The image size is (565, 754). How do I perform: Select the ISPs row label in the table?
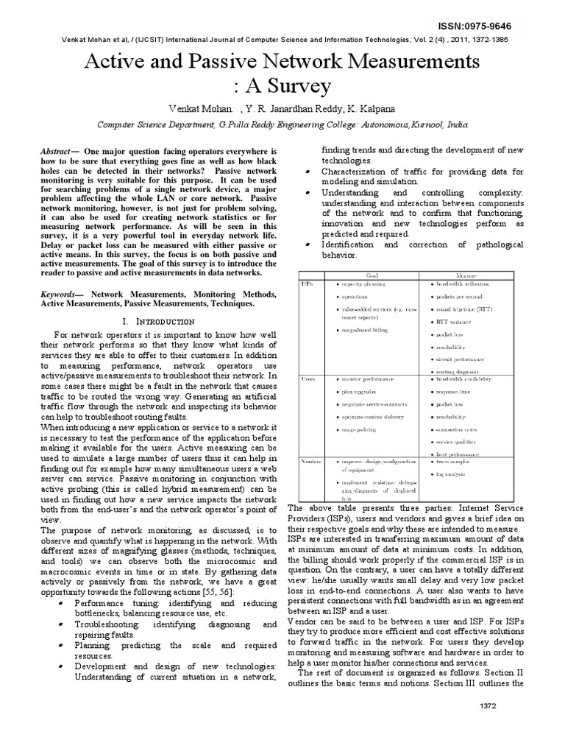[x=308, y=283]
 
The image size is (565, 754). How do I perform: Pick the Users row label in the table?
[x=309, y=378]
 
